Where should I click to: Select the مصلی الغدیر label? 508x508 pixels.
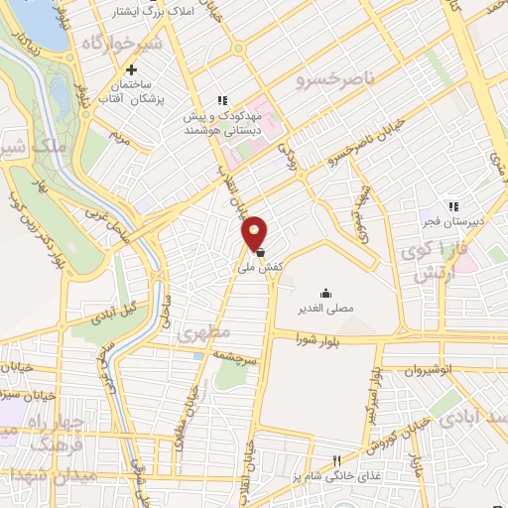[325, 309]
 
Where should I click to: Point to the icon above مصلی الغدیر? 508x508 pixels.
[325, 292]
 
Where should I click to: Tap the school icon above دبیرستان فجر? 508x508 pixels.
[452, 206]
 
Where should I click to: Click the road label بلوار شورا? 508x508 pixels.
[317, 340]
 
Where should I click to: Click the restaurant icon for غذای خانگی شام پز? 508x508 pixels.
[337, 460]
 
